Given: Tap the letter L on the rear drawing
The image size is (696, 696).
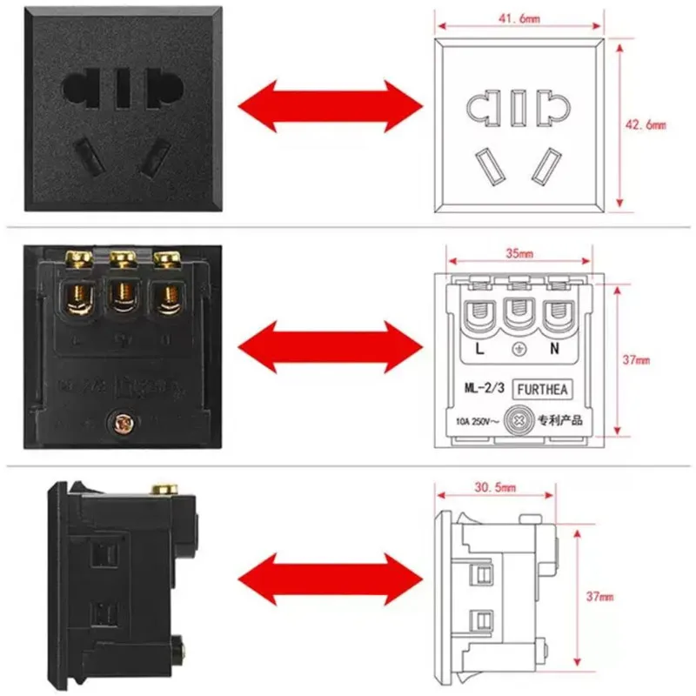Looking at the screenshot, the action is pyautogui.click(x=480, y=350).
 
